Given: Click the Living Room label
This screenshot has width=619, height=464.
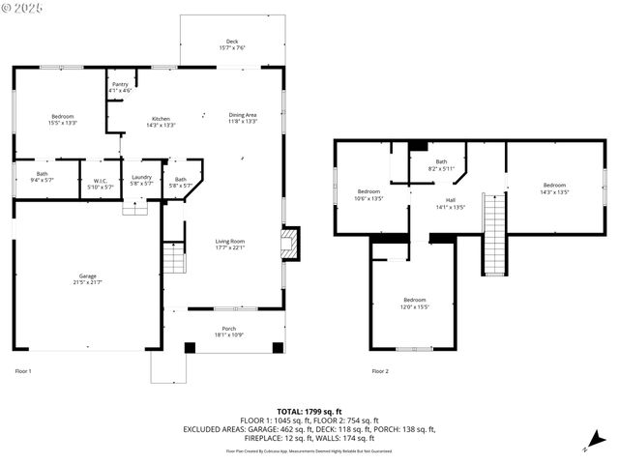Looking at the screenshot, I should point(230,244).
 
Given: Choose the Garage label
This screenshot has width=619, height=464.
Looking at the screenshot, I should point(88,278).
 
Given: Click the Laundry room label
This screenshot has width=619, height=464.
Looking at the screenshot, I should point(142,179).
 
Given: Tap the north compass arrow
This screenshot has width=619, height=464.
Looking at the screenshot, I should point(588,447).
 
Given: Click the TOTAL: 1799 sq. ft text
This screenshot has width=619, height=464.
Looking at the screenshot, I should point(309,411).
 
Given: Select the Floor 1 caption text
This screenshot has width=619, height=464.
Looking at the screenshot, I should point(23,371).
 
